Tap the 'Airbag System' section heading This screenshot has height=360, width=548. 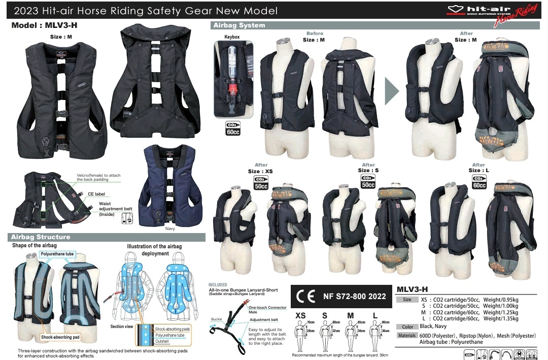(x=239, y=25)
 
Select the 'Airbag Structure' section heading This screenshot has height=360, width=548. (x=41, y=237)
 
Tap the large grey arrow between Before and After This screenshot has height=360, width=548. (x=392, y=91)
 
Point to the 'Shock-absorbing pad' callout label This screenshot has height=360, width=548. (x=60, y=337)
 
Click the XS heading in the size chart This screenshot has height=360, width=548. (x=301, y=315)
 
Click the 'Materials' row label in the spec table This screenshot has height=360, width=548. (x=407, y=336)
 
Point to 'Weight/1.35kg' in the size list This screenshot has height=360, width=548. (x=501, y=319)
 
